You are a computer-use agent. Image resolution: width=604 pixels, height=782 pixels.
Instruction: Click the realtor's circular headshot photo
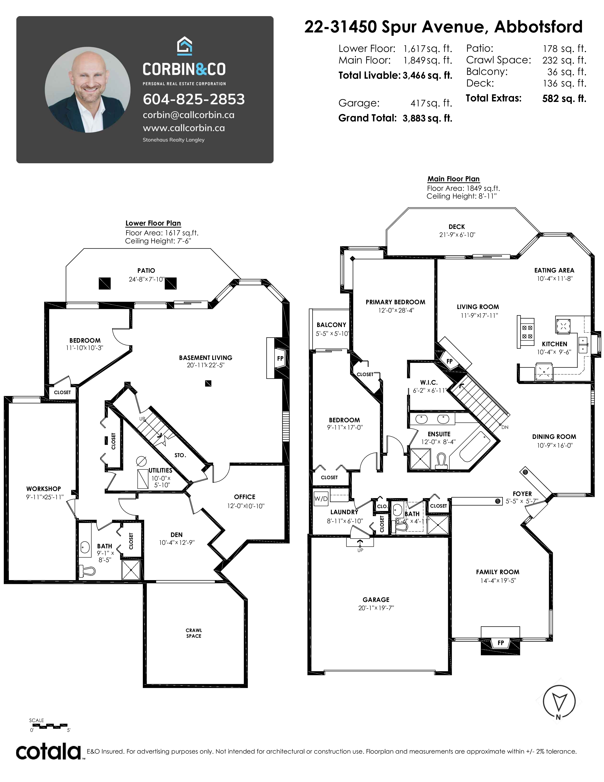tap(88, 90)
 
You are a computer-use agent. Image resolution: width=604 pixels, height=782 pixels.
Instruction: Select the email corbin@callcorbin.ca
tap(189, 115)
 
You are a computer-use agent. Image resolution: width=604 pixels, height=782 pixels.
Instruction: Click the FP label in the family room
tap(500, 643)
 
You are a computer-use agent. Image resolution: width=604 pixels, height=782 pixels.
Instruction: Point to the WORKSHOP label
tap(43, 489)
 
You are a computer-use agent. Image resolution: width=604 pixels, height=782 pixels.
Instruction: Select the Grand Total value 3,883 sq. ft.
tap(427, 118)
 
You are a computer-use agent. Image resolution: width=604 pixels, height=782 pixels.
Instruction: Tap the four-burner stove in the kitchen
tap(527, 332)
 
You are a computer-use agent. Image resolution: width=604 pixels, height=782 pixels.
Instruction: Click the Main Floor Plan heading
tap(453, 179)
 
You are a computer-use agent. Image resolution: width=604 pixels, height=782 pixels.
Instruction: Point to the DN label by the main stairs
tap(505, 427)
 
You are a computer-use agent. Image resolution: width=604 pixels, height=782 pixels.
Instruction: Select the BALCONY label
tap(331, 325)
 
